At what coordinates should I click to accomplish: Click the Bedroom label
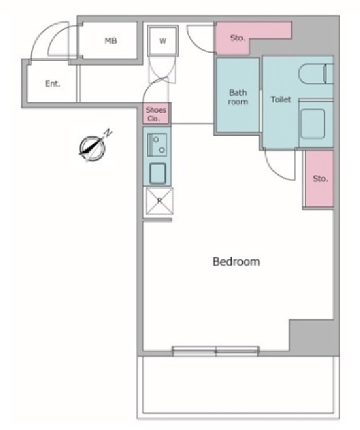[x=236, y=262]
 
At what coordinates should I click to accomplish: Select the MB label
[x=111, y=41]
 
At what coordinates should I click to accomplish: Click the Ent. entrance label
[x=53, y=84]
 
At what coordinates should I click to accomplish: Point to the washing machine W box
[x=163, y=41]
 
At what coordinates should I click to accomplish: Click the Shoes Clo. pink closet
[x=156, y=114]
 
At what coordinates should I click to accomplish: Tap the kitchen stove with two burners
[x=157, y=145]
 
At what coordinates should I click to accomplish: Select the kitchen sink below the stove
[x=158, y=174]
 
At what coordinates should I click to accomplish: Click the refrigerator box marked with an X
[x=160, y=201]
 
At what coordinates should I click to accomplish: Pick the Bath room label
[x=238, y=97]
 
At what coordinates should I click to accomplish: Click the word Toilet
[x=281, y=99]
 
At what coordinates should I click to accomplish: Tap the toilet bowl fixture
[x=315, y=73]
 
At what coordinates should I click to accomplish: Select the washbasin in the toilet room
[x=313, y=123]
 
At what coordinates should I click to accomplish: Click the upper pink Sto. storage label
[x=237, y=38]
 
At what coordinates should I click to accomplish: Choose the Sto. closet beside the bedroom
[x=319, y=179]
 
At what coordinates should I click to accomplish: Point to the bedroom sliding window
[x=216, y=351]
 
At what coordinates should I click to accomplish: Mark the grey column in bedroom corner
[x=314, y=337]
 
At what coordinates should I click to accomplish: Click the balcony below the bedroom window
[x=238, y=387]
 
